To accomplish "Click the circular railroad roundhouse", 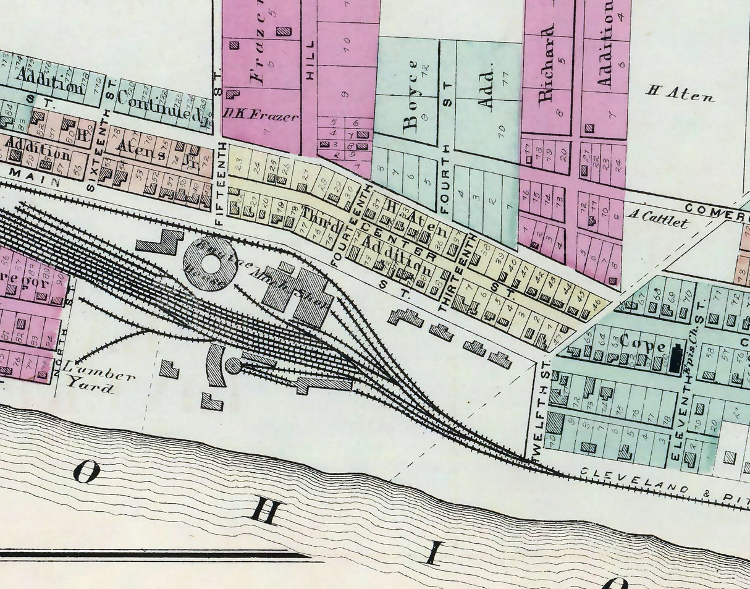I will (209, 265).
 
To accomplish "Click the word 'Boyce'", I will (410, 97).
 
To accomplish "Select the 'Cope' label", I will (640, 342).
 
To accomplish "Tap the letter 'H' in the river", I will (268, 512).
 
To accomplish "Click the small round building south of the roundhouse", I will (233, 365).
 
